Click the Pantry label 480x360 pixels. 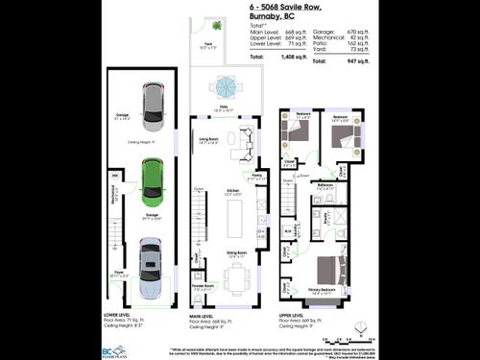pyautogui.click(x=255, y=177)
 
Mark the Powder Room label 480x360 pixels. pyautogui.click(x=203, y=286)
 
